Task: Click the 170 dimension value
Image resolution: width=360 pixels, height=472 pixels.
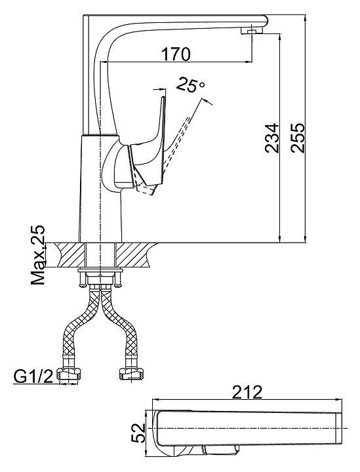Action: click(x=176, y=54)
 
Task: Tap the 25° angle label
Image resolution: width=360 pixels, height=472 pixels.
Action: click(x=190, y=85)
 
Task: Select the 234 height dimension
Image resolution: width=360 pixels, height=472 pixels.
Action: click(x=272, y=137)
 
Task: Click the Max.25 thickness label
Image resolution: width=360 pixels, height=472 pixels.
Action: click(x=38, y=254)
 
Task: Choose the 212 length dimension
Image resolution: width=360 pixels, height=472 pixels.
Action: click(x=248, y=392)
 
